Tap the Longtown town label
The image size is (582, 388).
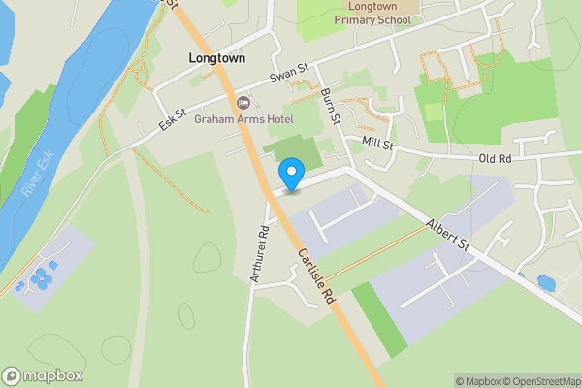[216, 58]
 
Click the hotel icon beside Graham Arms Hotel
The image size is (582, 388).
[242, 103]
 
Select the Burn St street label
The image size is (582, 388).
[331, 109]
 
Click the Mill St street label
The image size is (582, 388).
[376, 145]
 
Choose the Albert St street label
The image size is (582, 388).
[448, 238]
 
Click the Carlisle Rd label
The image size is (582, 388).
[316, 275]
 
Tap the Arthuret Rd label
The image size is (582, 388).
[257, 254]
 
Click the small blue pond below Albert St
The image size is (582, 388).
[545, 283]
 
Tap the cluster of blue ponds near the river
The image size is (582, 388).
[43, 278]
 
